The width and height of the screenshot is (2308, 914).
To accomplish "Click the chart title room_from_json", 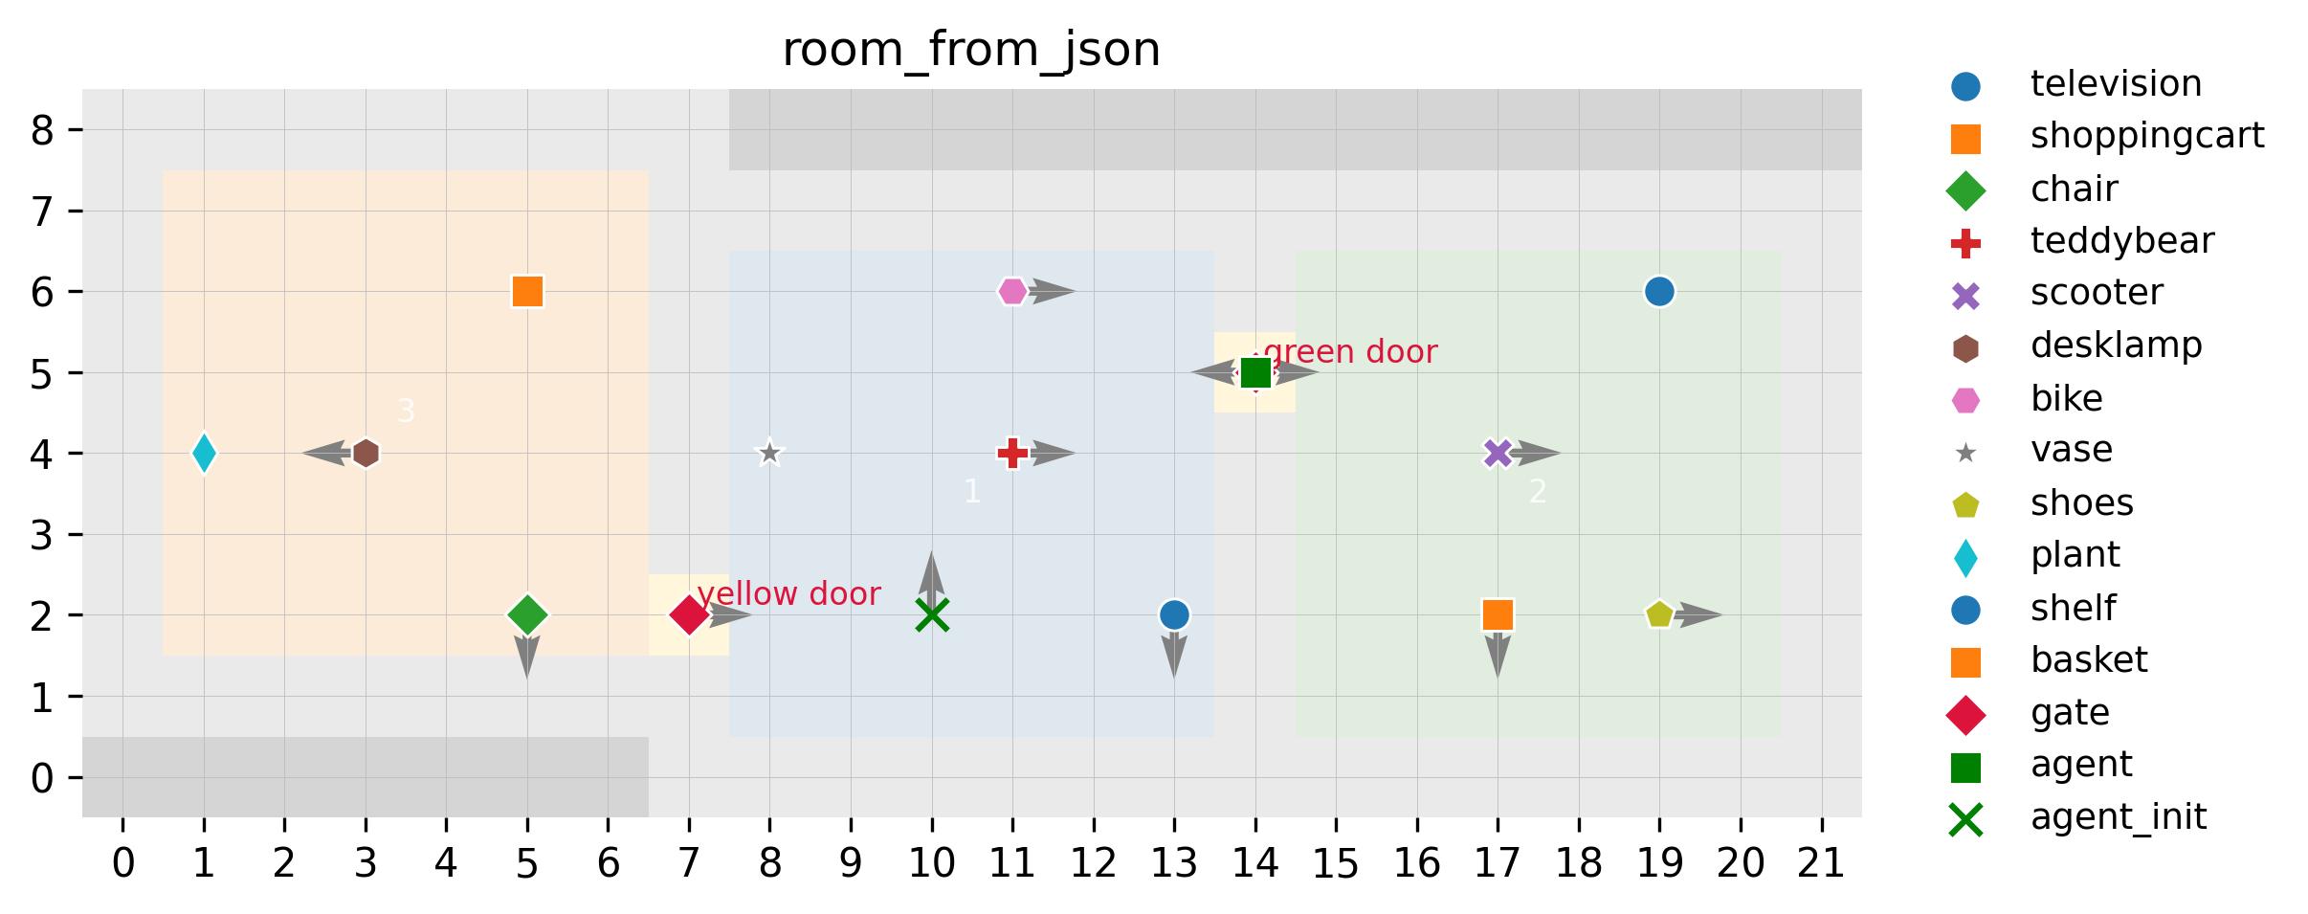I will pos(971,50).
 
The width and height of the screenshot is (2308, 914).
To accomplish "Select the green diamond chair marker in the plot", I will pos(527,614).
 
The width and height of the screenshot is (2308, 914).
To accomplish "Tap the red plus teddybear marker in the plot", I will pos(1012,453).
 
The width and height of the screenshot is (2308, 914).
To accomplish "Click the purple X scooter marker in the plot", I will pos(1498,453).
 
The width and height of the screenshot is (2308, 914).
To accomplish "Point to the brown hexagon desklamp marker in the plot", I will pos(366,453).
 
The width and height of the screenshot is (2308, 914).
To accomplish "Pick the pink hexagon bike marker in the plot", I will pos(1012,291).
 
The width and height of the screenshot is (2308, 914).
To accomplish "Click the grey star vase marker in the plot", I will pos(769,453).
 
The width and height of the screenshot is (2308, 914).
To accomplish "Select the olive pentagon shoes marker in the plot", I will pos(1659,614).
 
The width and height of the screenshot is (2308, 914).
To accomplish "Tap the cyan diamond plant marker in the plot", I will pos(204,453).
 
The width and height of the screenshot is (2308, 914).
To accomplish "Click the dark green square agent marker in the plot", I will pos(1255,372).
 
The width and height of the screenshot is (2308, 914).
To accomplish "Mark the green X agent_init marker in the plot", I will pos(931,614).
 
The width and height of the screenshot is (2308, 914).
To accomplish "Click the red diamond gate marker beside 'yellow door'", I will pos(689,614).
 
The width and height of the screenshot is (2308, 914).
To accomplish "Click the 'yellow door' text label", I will pos(788,594).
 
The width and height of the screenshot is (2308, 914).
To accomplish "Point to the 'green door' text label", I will pos(1350,352).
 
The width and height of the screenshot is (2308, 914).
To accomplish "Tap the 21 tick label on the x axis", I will pos(1821,864).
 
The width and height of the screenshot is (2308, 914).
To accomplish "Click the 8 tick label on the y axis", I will pos(42,130).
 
